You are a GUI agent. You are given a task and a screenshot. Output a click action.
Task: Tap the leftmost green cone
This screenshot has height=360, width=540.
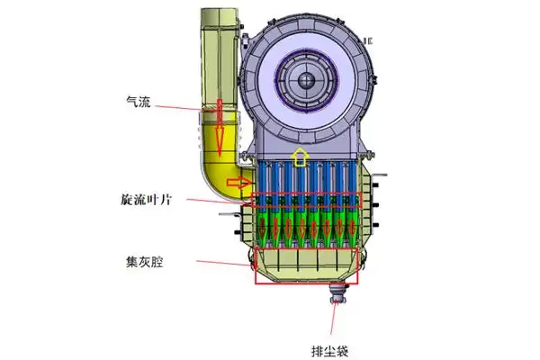point(264,229)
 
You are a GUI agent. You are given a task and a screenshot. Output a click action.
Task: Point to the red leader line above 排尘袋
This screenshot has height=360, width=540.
point(337,315)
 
